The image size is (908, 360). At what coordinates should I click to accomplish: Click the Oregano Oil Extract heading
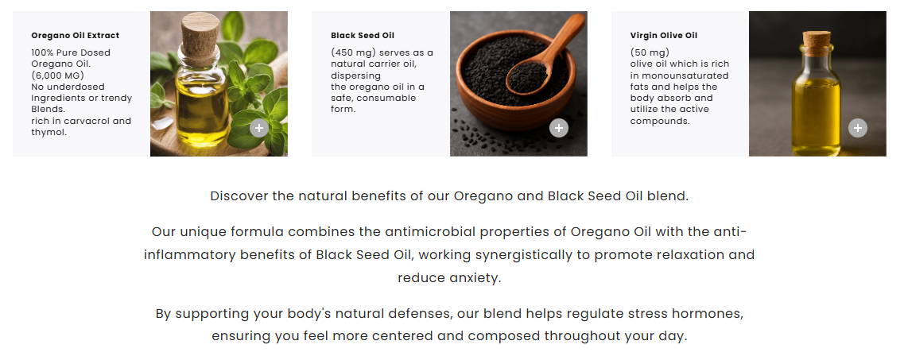76,35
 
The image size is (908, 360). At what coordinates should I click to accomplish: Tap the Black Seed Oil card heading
363,35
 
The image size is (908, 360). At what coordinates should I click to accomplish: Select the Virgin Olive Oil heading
664,35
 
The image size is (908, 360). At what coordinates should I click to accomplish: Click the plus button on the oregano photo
259,128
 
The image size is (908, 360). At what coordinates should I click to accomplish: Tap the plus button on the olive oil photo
858,128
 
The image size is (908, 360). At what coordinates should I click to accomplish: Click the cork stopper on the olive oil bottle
817,44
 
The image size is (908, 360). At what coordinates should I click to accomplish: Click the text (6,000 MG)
58,75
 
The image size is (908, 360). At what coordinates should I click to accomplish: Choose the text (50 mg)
650,52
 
